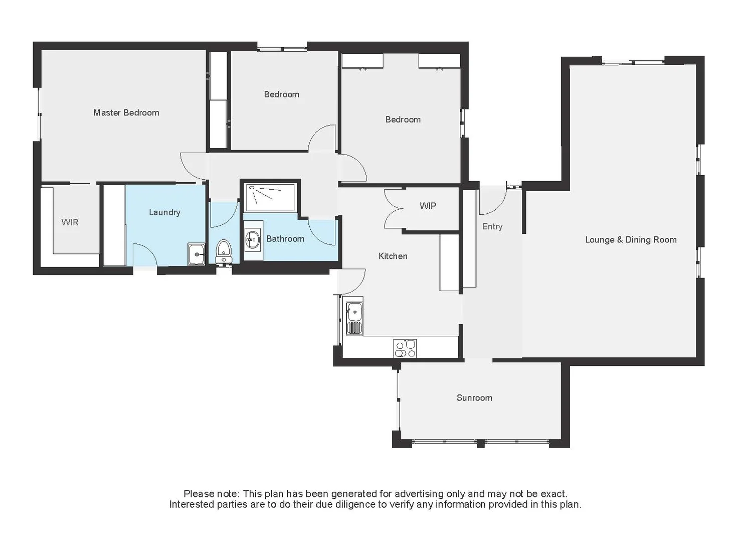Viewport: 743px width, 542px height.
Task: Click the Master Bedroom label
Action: click(x=126, y=113)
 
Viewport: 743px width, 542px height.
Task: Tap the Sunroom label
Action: click(x=474, y=398)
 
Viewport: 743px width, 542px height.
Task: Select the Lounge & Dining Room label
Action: click(x=631, y=240)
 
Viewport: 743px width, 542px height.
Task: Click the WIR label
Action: click(x=70, y=222)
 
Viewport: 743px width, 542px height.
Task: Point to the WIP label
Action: click(x=428, y=206)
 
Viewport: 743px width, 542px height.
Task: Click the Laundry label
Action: click(x=164, y=212)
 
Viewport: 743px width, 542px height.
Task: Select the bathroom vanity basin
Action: click(x=252, y=240)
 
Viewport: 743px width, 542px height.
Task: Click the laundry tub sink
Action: click(x=197, y=254)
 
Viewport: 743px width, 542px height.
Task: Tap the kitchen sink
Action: click(x=355, y=312)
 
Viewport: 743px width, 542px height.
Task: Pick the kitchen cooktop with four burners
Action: click(x=405, y=348)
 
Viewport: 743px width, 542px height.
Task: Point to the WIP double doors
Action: click(x=394, y=209)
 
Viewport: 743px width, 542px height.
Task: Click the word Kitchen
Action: click(x=393, y=256)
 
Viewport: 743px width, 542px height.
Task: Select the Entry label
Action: click(x=492, y=227)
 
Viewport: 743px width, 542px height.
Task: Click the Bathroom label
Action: click(x=285, y=239)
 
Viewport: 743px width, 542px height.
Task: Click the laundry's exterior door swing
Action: click(x=145, y=255)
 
